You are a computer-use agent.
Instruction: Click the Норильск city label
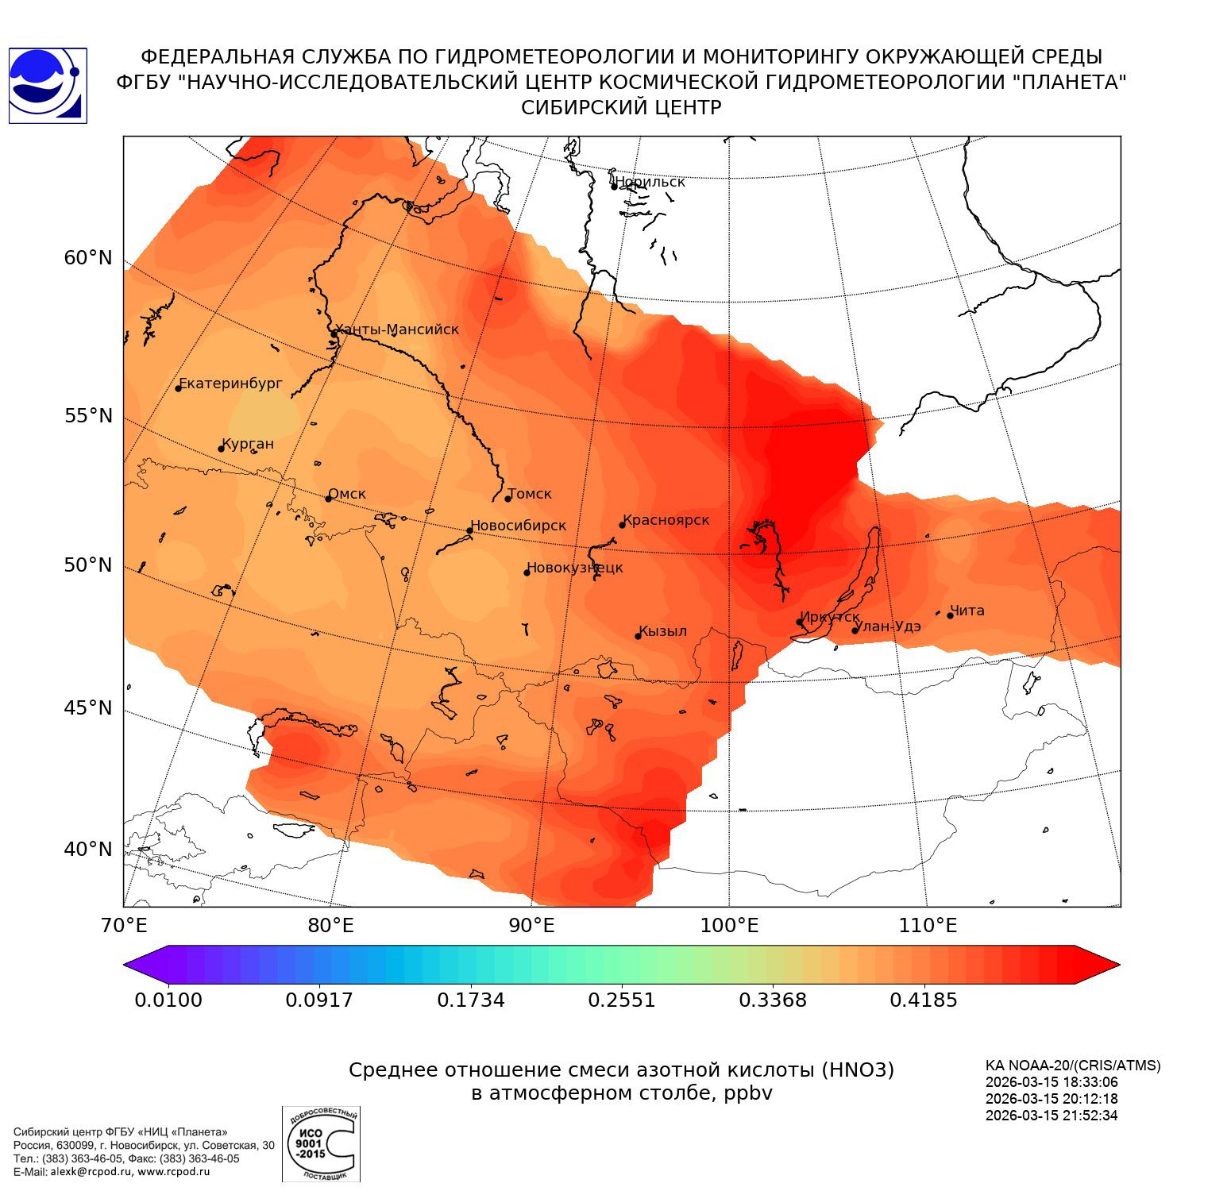point(650,182)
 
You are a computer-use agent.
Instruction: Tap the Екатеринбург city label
point(231,384)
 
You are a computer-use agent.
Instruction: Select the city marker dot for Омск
point(328,499)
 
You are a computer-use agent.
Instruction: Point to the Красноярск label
point(666,520)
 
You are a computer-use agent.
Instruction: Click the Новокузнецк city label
point(575,568)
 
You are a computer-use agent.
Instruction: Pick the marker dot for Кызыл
point(638,636)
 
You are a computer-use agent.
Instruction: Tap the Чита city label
point(967,611)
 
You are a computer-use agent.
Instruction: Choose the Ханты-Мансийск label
point(397,330)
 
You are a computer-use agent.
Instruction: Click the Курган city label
point(248,444)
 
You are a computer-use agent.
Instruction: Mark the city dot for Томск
point(507,499)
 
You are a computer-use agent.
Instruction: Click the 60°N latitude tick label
point(88,258)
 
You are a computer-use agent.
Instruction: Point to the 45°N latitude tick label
point(88,707)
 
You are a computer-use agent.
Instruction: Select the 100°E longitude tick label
point(730,925)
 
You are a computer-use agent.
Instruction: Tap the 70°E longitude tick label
point(123,925)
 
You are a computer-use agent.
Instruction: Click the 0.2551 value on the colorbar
point(622,1000)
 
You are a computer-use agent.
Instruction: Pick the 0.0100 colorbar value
point(168,1000)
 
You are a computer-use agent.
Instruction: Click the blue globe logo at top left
point(47,86)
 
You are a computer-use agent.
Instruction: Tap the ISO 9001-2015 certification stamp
point(321,1143)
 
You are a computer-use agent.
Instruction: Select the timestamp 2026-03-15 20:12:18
point(1040,1099)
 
